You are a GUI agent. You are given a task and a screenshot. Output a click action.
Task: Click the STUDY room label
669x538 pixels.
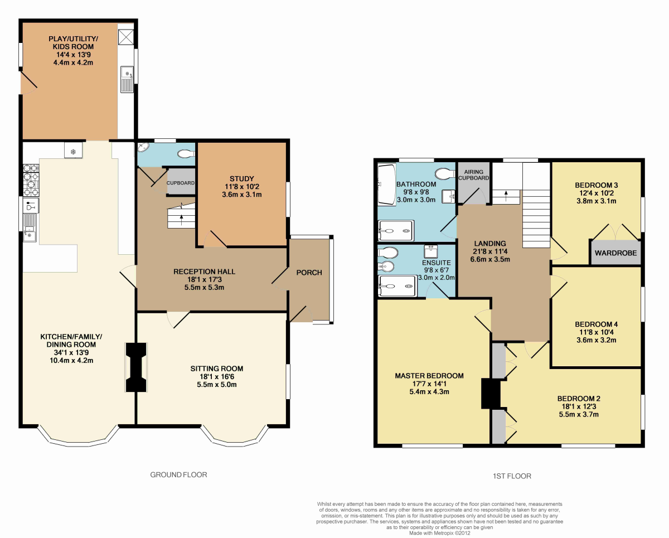pos(241,178)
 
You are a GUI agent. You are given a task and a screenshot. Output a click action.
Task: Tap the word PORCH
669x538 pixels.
pos(309,273)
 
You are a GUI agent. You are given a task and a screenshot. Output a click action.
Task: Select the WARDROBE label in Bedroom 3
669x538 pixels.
pos(615,253)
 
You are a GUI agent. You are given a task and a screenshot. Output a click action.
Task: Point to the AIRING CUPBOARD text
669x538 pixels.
pos(473,175)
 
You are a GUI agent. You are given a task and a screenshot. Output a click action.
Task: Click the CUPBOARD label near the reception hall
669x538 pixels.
pos(180,183)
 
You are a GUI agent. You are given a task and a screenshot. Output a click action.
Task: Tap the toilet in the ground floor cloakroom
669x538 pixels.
pos(186,153)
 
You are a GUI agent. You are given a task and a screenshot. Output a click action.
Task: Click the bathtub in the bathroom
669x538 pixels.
pos(387,185)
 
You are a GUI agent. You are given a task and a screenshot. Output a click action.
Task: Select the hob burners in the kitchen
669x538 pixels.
pos(31,180)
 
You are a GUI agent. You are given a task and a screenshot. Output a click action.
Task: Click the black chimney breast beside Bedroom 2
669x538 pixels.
pos(491,393)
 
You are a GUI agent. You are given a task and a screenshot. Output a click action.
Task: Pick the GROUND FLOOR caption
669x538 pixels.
pos(178,474)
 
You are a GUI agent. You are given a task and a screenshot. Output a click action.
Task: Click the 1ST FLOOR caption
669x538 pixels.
pos(512,476)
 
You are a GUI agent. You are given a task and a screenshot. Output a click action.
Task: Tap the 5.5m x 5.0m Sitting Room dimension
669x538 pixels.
pos(217,384)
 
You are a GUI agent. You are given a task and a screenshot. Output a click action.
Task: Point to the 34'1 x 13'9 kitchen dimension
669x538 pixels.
pos(71,353)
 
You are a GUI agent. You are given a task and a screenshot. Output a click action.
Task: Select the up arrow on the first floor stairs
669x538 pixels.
pos(506,196)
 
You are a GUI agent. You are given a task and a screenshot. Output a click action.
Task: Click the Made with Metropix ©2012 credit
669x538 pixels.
pos(439,533)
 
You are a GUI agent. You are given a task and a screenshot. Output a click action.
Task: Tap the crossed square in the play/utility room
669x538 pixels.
pos(126,37)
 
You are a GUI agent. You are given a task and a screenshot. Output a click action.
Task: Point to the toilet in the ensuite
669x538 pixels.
pos(387,253)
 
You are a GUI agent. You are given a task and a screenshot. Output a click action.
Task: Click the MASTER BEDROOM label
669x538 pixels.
pos(429,376)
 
